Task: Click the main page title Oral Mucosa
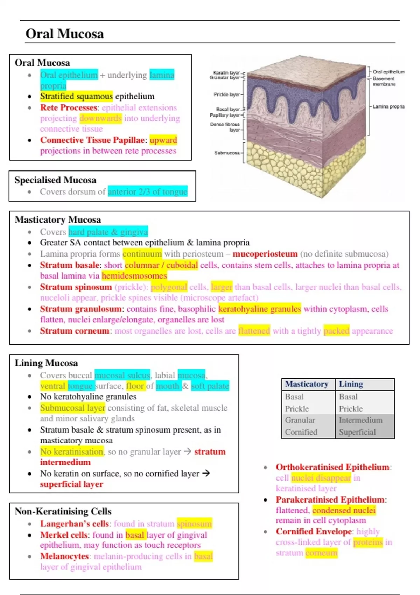[65, 34]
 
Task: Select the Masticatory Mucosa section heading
[58, 219]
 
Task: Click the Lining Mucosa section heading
[46, 363]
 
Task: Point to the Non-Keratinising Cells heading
[63, 511]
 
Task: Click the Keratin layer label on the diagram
[226, 73]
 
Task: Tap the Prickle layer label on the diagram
[226, 94]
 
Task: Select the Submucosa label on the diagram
[227, 153]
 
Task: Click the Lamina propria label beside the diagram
[388, 106]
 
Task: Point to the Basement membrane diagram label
[384, 81]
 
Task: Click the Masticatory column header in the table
[307, 384]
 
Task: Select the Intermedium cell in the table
[360, 420]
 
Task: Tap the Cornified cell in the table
[301, 432]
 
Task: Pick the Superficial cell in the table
[357, 432]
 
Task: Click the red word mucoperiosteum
[265, 254]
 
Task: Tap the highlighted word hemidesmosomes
[134, 276]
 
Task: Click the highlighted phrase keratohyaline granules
[259, 309]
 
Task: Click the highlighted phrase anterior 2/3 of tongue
[147, 192]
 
